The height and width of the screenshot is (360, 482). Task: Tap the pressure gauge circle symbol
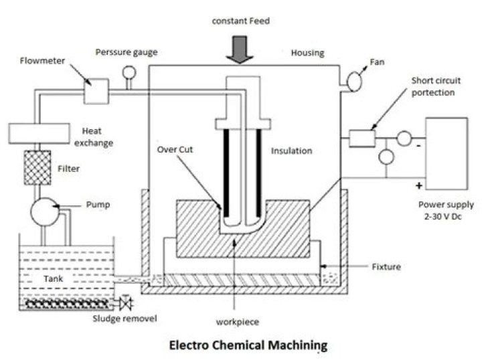[x=129, y=73]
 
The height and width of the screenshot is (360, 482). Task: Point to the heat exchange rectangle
[x=32, y=131]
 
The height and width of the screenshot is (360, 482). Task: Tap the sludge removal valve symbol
[x=126, y=304]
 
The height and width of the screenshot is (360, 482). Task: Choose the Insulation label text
[x=291, y=151]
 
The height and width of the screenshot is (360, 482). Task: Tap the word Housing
[x=307, y=52]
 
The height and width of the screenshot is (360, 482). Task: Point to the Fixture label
[x=386, y=267]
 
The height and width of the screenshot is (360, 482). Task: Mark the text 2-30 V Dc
[x=446, y=215]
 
